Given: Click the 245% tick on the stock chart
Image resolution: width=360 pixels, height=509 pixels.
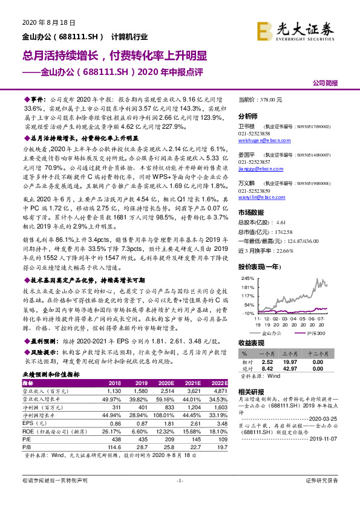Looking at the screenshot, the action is click(x=247, y=278).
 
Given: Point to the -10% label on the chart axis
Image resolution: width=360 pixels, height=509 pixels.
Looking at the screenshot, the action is click(x=247, y=314).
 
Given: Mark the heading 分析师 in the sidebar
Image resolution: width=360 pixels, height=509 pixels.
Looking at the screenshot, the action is click(x=248, y=116).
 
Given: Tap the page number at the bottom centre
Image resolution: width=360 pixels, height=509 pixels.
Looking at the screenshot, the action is click(x=180, y=497).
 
